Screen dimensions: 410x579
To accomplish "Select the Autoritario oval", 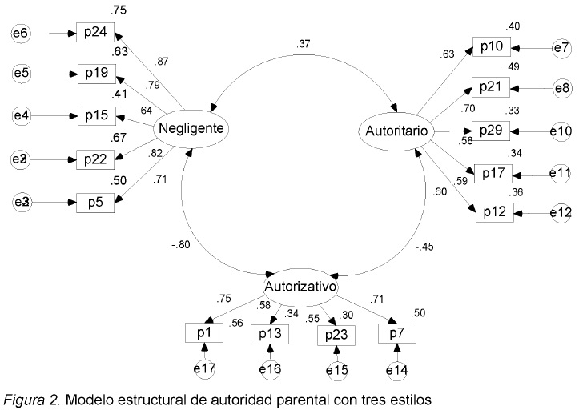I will tap(395, 130).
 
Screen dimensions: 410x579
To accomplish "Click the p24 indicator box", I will tap(95, 34).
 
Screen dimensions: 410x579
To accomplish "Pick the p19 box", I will tap(95, 74).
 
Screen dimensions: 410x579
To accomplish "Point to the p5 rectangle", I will tap(95, 202).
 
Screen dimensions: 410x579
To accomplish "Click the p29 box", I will tap(491, 130).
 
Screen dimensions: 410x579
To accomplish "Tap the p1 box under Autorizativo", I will tap(206, 332).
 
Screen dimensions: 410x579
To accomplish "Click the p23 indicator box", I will tap(336, 334).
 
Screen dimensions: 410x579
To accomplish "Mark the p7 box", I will tap(397, 332).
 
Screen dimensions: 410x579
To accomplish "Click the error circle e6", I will tap(22, 34).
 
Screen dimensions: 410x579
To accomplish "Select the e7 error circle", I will tap(561, 49).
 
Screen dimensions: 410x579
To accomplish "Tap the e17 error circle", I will tap(206, 371).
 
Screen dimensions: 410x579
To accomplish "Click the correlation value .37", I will tap(303, 45).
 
